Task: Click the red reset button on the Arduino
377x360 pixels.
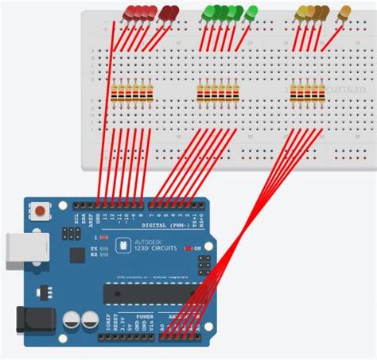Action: click(37, 211)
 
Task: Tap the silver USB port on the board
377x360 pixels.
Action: click(17, 248)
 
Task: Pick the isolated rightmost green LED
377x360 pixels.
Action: click(251, 13)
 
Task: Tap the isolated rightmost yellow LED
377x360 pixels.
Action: click(344, 13)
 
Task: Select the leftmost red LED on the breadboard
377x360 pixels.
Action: click(129, 12)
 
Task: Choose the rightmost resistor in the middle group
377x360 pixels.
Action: click(235, 95)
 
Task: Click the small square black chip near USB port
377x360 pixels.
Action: click(76, 254)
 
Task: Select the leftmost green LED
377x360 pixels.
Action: click(208, 12)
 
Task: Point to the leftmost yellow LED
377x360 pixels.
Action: click(301, 12)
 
